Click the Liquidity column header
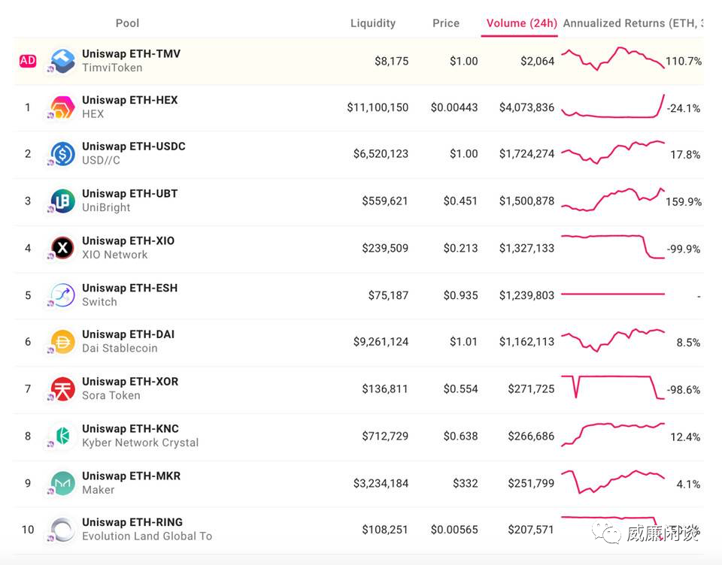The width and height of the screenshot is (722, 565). coord(372,23)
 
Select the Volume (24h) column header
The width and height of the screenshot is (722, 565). coord(521,23)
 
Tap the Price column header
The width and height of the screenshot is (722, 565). coord(445,23)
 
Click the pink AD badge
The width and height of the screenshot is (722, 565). coord(28,61)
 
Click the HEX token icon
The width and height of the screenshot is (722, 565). coord(62,107)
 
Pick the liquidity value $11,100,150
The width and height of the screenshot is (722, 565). coord(378,107)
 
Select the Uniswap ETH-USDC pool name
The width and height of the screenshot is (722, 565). coord(133,147)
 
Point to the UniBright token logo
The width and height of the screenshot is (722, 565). coord(62,201)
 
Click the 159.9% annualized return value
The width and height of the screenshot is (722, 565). coord(683,202)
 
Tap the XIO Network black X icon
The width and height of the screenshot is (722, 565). coord(62,248)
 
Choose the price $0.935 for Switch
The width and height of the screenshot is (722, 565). coord(460,295)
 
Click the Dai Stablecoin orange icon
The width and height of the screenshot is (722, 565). coord(62,342)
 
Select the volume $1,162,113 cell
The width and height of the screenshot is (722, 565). coord(526,342)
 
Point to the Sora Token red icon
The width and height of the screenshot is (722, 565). coord(62,389)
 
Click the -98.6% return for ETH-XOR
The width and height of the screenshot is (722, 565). coord(683,390)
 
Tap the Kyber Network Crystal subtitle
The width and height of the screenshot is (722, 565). coord(140,443)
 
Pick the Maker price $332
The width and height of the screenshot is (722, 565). coord(465,483)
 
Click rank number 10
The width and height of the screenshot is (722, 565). coord(28,530)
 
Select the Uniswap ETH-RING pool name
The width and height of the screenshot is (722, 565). coord(132,522)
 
